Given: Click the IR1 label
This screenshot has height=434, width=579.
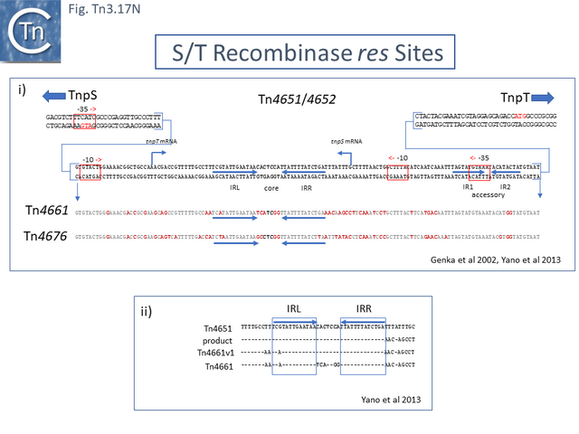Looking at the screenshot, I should tap(469, 185).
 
